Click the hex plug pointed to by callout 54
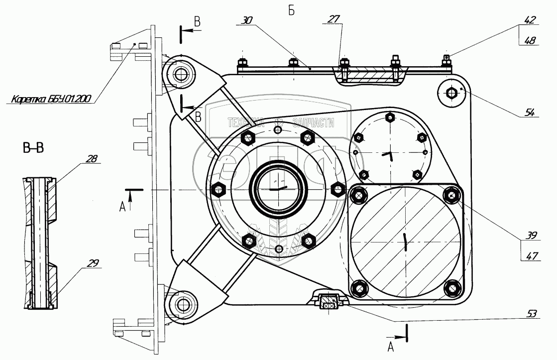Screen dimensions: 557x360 pos(451,93)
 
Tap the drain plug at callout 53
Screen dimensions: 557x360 pos(328,303)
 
